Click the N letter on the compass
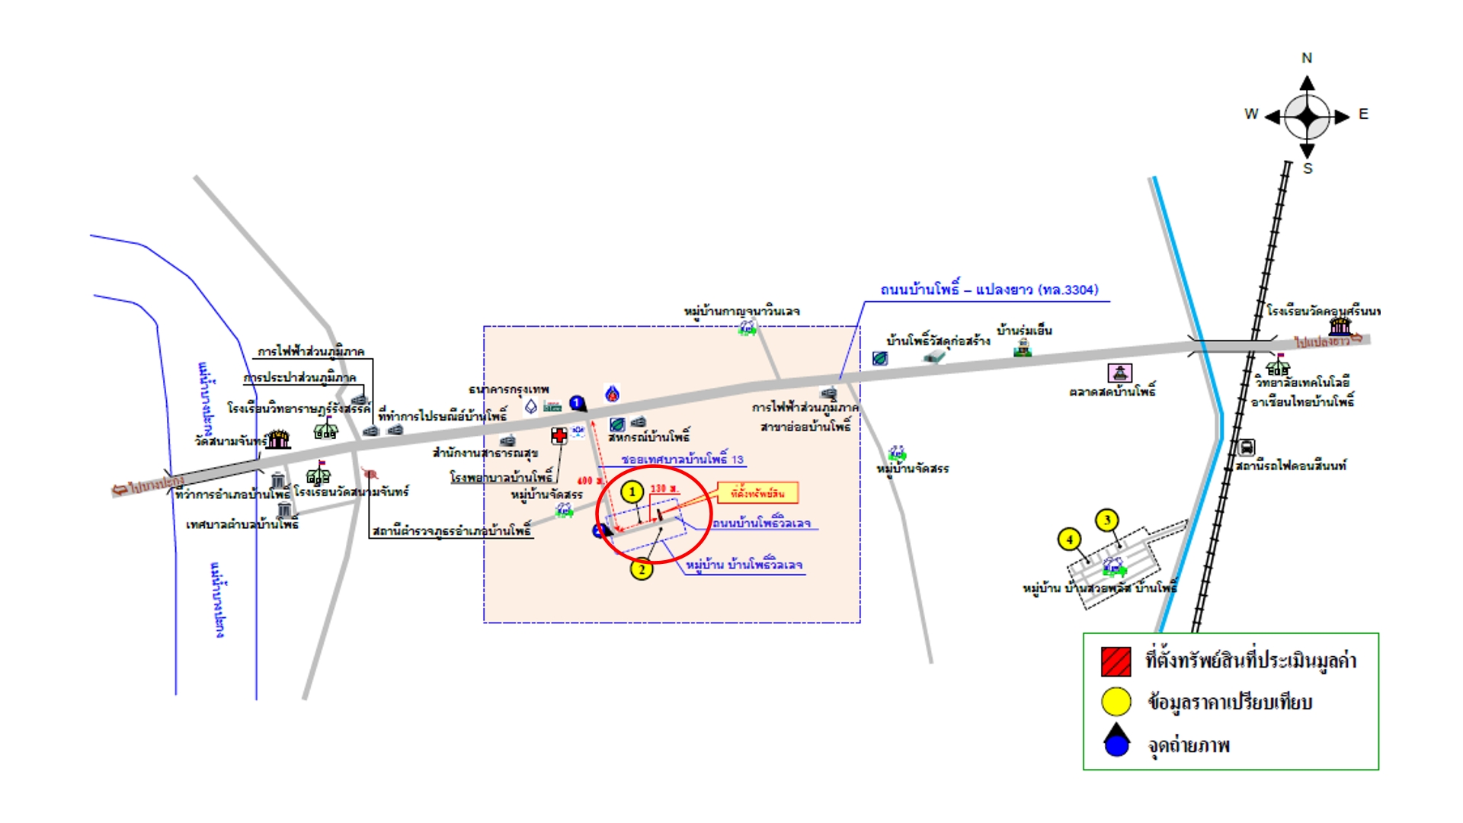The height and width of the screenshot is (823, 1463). pyautogui.click(x=1307, y=58)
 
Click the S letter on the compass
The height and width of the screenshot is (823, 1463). pyautogui.click(x=1308, y=168)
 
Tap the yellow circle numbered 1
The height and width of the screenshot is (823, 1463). pyautogui.click(x=632, y=492)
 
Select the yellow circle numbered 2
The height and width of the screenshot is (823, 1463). pyautogui.click(x=642, y=568)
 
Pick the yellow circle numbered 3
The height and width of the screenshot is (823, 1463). pyautogui.click(x=1107, y=520)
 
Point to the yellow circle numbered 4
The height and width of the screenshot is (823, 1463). pyautogui.click(x=1070, y=540)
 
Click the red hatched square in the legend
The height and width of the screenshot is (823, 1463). pyautogui.click(x=1116, y=661)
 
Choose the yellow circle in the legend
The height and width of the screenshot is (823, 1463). pyautogui.click(x=1116, y=702)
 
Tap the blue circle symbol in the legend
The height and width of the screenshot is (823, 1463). pyautogui.click(x=1116, y=744)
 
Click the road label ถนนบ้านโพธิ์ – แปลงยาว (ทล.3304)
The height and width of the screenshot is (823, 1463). pyautogui.click(x=989, y=290)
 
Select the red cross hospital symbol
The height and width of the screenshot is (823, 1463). pyautogui.click(x=559, y=436)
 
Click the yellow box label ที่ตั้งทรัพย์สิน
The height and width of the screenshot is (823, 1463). pyautogui.click(x=757, y=493)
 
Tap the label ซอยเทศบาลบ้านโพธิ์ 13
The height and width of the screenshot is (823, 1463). pyautogui.click(x=682, y=460)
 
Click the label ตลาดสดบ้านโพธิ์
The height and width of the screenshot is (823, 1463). pyautogui.click(x=1112, y=392)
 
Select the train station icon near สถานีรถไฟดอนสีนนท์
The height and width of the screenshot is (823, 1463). pyautogui.click(x=1247, y=447)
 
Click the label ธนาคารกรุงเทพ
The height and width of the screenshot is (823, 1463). pyautogui.click(x=508, y=389)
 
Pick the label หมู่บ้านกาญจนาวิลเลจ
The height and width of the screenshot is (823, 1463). pyautogui.click(x=741, y=311)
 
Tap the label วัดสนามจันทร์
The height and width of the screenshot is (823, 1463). pyautogui.click(x=230, y=441)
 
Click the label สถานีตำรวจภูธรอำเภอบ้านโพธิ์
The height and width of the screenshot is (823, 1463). pyautogui.click(x=451, y=530)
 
